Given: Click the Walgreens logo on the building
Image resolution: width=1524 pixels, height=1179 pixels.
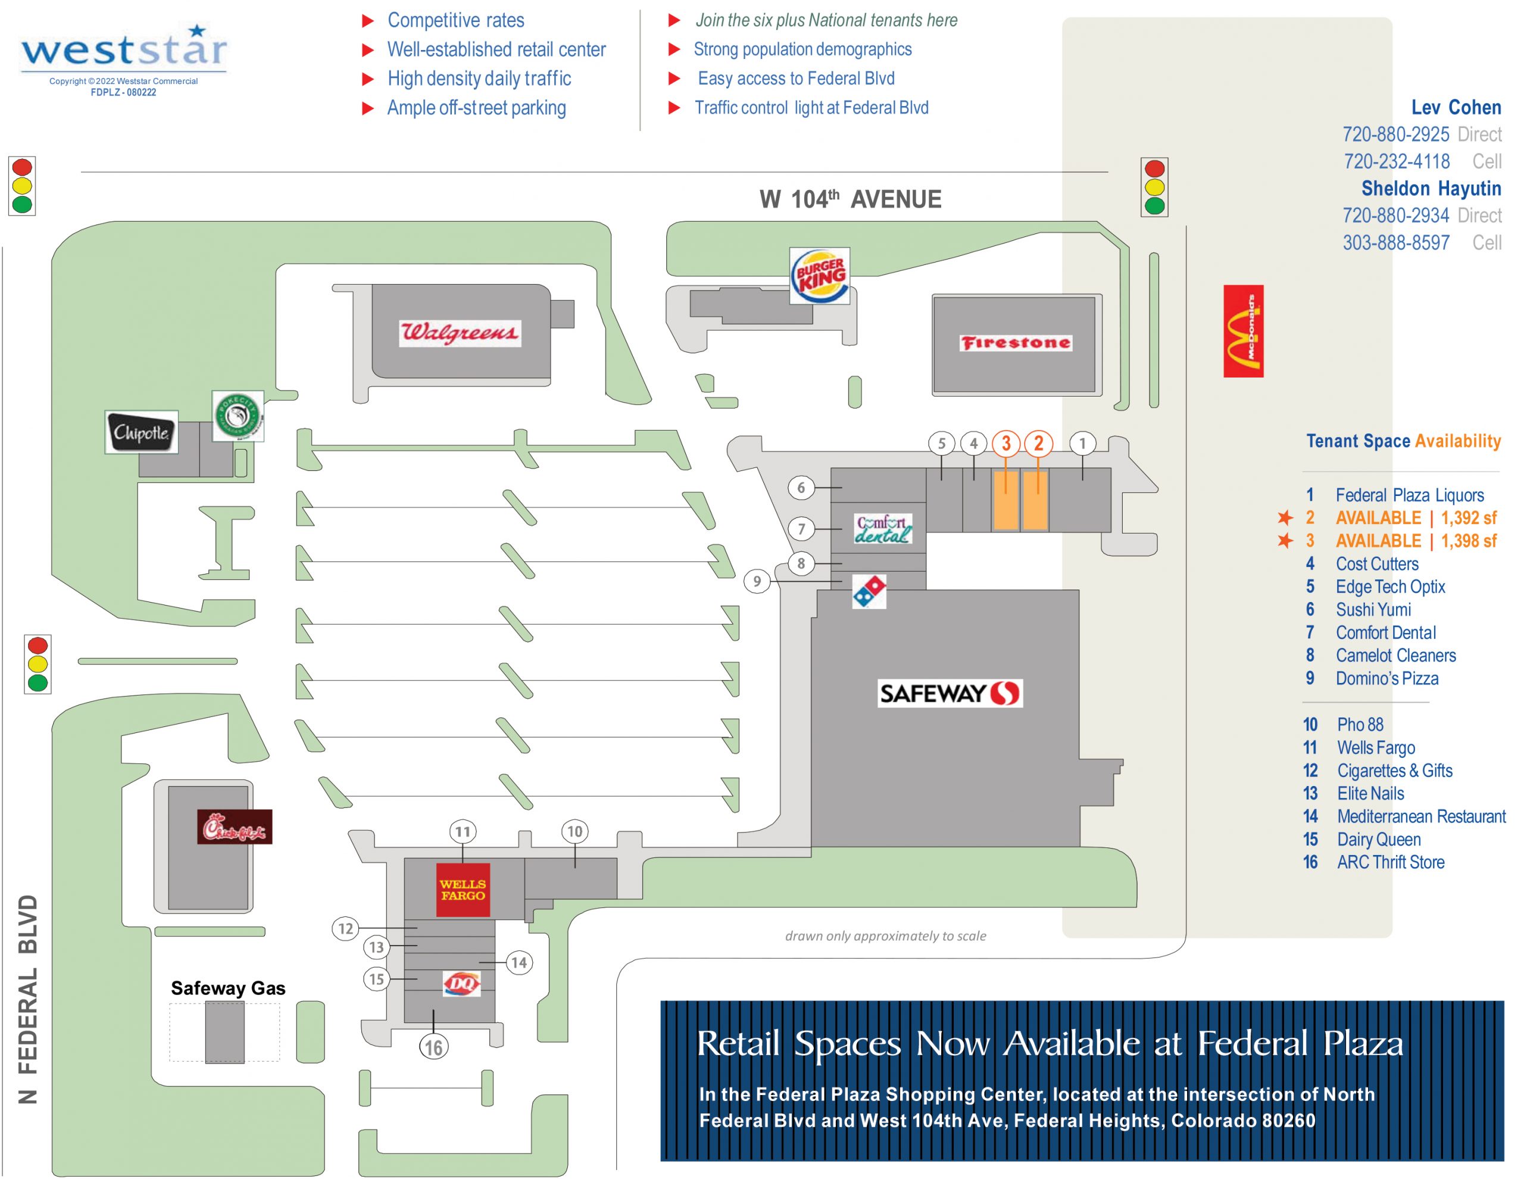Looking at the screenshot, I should pyautogui.click(x=459, y=333).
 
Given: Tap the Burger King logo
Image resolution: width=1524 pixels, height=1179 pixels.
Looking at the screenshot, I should pyautogui.click(x=819, y=276).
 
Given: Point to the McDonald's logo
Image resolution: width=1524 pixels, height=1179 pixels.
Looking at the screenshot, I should pyautogui.click(x=1243, y=331).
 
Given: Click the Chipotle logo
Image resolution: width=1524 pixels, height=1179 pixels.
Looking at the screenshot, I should pyautogui.click(x=141, y=432).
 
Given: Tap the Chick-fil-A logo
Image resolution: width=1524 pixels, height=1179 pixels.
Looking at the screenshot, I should pyautogui.click(x=235, y=826).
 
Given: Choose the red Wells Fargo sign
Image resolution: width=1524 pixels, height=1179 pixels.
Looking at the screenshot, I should pyautogui.click(x=463, y=890).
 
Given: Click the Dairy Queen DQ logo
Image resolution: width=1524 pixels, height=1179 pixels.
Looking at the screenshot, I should pyautogui.click(x=462, y=984).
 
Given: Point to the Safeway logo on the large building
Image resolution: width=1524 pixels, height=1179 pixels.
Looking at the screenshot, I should pyautogui.click(x=950, y=693).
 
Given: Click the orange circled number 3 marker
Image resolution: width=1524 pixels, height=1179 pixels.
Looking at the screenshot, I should pyautogui.click(x=1005, y=443).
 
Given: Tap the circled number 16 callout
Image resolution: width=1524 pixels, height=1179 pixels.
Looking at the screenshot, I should pyautogui.click(x=433, y=1047).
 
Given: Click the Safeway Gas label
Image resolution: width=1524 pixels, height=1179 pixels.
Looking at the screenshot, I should pyautogui.click(x=228, y=988).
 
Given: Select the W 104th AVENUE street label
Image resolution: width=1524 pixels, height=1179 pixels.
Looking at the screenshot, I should pyautogui.click(x=850, y=199).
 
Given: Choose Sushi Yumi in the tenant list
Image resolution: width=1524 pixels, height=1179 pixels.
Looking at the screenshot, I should pyautogui.click(x=1373, y=609).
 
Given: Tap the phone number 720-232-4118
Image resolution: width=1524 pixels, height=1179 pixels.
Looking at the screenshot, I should pyautogui.click(x=1396, y=161).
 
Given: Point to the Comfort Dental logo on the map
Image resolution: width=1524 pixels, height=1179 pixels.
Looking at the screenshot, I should pyautogui.click(x=883, y=529).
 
